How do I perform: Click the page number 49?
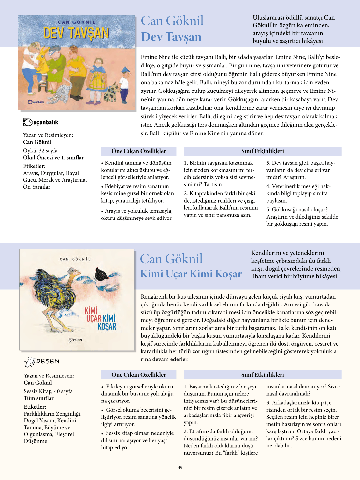[180, 467]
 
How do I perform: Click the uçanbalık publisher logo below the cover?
[41, 122]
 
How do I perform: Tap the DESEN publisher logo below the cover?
[42, 361]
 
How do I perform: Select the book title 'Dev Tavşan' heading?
[171, 37]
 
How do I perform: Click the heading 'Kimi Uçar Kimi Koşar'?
[191, 274]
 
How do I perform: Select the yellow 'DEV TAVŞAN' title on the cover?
[76, 33]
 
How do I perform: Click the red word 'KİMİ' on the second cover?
[91, 311]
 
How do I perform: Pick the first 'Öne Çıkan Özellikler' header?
[138, 151]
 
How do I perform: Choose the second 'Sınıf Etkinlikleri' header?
[263, 375]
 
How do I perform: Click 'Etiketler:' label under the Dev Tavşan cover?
[34, 166]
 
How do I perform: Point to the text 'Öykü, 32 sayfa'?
[40, 150]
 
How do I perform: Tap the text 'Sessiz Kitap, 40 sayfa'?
[48, 391]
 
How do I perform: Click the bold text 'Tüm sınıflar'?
[39, 398]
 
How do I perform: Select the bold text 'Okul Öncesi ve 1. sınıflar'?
[53, 157]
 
